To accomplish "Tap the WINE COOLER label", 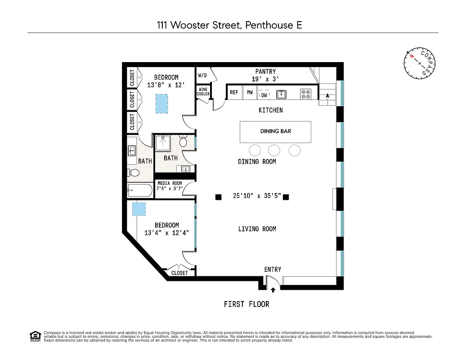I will pyautogui.click(x=203, y=92).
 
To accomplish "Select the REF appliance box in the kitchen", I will pyautogui.click(x=234, y=93).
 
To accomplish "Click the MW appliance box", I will pyautogui.click(x=250, y=93).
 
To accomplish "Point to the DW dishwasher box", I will pyautogui.click(x=264, y=94).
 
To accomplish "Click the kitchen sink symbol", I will pyautogui.click(x=281, y=94).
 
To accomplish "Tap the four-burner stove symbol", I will pyautogui.click(x=306, y=94).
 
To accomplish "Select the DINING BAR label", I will pyautogui.click(x=275, y=131).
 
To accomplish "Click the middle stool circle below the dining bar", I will pyautogui.click(x=274, y=150).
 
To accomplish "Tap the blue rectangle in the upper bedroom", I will pyautogui.click(x=161, y=103).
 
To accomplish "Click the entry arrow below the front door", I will pyautogui.click(x=273, y=290).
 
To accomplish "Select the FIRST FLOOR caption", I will pyautogui.click(x=246, y=305).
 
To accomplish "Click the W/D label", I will pyautogui.click(x=202, y=75).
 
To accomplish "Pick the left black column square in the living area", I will pyautogui.click(x=218, y=197).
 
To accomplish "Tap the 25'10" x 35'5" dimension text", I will pyautogui.click(x=257, y=196).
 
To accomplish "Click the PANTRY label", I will pyautogui.click(x=265, y=72).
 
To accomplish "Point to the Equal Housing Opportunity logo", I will pyautogui.click(x=35, y=336).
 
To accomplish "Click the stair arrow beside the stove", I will pyautogui.click(x=327, y=95).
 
